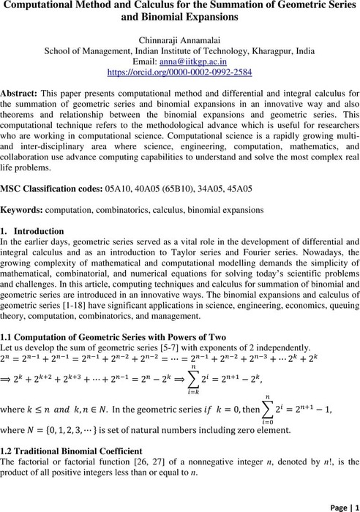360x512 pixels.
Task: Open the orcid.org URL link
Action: pos(179,73)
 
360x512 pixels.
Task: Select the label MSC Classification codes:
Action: pos(67,188)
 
